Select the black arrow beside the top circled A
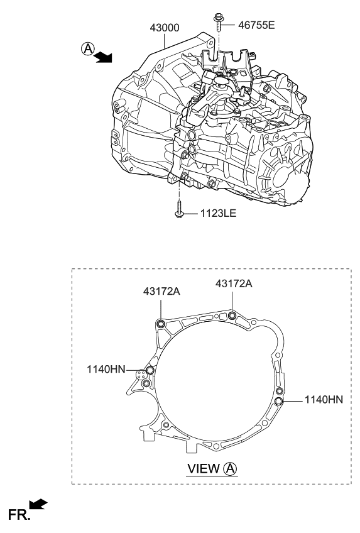[x=102, y=58]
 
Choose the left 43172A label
[x=161, y=291]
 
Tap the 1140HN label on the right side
[x=324, y=399]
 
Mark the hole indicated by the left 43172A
[x=160, y=324]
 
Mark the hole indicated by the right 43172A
[x=232, y=315]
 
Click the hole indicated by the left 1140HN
[x=150, y=371]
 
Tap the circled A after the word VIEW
[x=231, y=468]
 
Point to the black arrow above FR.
[x=38, y=503]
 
